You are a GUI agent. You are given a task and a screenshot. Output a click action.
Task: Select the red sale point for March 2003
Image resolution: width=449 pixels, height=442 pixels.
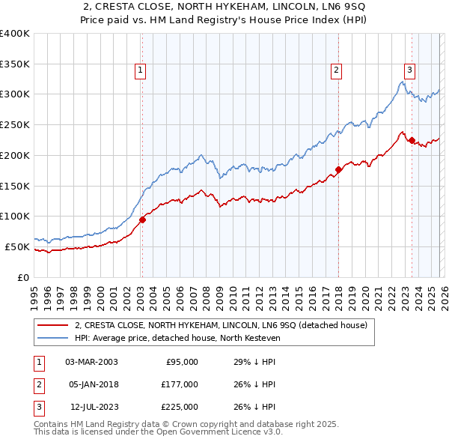(142, 220)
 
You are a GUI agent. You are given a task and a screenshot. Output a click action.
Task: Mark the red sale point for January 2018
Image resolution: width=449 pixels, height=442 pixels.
(338, 169)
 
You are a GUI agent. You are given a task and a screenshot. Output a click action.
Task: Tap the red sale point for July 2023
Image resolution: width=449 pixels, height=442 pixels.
(412, 140)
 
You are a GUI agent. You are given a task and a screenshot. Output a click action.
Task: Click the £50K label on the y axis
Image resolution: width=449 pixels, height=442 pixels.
(17, 246)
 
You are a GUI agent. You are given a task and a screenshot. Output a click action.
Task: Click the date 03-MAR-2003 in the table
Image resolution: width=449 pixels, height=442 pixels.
(91, 362)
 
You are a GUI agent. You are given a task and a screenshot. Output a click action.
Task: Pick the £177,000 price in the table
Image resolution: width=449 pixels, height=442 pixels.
(180, 384)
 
